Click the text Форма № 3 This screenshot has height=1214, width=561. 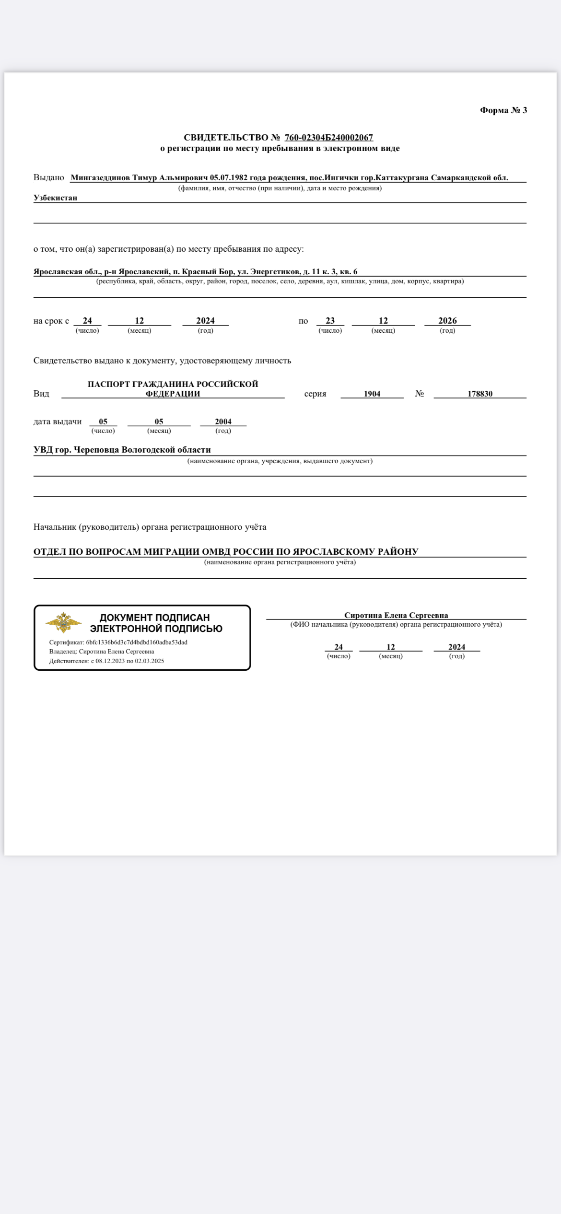(x=503, y=110)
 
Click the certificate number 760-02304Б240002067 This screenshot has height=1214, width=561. (x=328, y=138)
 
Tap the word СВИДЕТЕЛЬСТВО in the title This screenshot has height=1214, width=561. (x=226, y=138)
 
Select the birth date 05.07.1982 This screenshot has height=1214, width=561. (x=229, y=178)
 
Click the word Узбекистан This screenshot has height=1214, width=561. (x=55, y=198)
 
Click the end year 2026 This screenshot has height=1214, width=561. (x=447, y=321)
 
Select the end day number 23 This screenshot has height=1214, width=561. (x=330, y=321)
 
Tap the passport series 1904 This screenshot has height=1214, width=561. (x=372, y=394)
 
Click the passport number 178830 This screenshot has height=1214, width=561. (x=480, y=394)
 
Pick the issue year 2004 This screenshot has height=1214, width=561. (x=223, y=421)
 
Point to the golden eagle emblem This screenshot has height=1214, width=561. (x=63, y=623)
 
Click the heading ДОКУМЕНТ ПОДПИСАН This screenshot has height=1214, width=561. (x=155, y=618)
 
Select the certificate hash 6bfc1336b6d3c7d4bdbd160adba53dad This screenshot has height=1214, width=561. (x=137, y=642)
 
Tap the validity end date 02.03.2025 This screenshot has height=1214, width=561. (x=150, y=661)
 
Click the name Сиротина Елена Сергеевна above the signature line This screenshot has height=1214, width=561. (x=396, y=615)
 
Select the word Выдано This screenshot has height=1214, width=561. (x=49, y=178)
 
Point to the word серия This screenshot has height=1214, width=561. (x=315, y=394)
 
